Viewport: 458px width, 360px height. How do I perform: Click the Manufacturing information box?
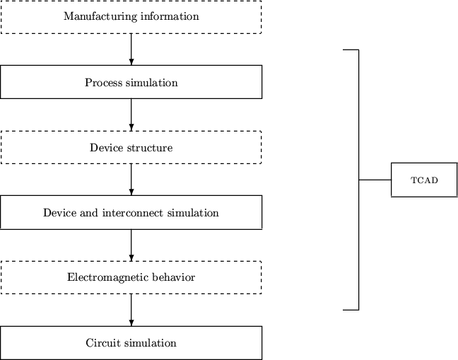pyautogui.click(x=131, y=16)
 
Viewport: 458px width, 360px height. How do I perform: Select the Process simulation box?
pyautogui.click(x=131, y=82)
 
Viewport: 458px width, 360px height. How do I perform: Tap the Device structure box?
pyautogui.click(x=131, y=147)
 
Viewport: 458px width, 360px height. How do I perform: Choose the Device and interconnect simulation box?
pyautogui.click(x=131, y=212)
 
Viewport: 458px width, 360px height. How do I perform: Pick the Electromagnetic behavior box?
pyautogui.click(x=131, y=277)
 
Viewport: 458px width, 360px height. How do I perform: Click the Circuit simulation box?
pyautogui.click(x=131, y=343)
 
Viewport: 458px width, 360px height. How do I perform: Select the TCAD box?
pyautogui.click(x=424, y=180)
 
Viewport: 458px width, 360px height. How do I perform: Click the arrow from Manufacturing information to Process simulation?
pyautogui.click(x=131, y=49)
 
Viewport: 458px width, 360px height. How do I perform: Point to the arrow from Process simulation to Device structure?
pyautogui.click(x=131, y=114)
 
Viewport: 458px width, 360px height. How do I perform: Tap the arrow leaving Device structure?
pyautogui.click(x=131, y=180)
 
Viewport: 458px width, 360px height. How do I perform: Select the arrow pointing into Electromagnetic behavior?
pyautogui.click(x=131, y=245)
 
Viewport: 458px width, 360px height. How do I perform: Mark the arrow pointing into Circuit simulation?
pyautogui.click(x=131, y=310)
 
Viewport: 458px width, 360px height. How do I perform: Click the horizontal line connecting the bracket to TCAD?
pyautogui.click(x=375, y=180)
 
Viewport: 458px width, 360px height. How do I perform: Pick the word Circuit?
pyautogui.click(x=102, y=343)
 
